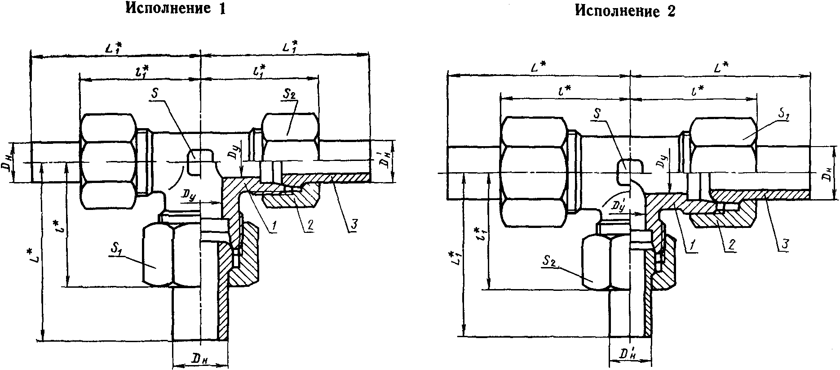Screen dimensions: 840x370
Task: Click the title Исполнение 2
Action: (x=625, y=11)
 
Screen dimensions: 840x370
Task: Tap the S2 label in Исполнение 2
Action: (x=550, y=261)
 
